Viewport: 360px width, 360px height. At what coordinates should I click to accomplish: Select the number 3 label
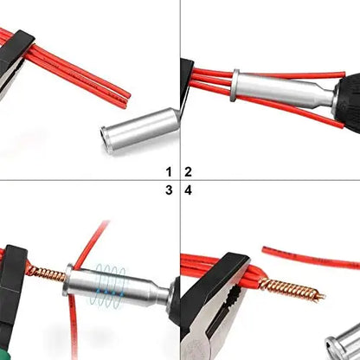(x=170, y=188)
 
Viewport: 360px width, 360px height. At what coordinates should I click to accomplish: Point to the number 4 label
(x=189, y=188)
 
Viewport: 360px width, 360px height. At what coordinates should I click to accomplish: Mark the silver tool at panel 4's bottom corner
(x=344, y=342)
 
